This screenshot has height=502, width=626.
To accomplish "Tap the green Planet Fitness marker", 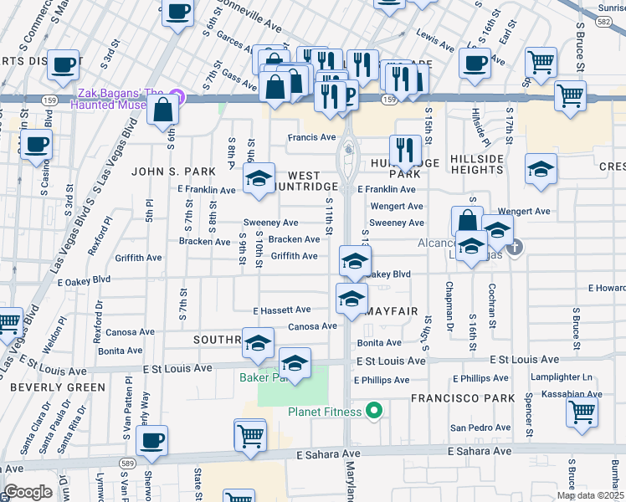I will pyautogui.click(x=374, y=411).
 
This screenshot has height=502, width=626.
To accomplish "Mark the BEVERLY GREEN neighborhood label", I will pyautogui.click(x=58, y=387).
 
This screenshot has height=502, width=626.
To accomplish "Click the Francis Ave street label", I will pyautogui.click(x=311, y=137).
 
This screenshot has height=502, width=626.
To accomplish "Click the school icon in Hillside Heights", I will pyautogui.click(x=541, y=170).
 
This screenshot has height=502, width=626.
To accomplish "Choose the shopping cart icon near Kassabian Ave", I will pyautogui.click(x=582, y=412).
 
